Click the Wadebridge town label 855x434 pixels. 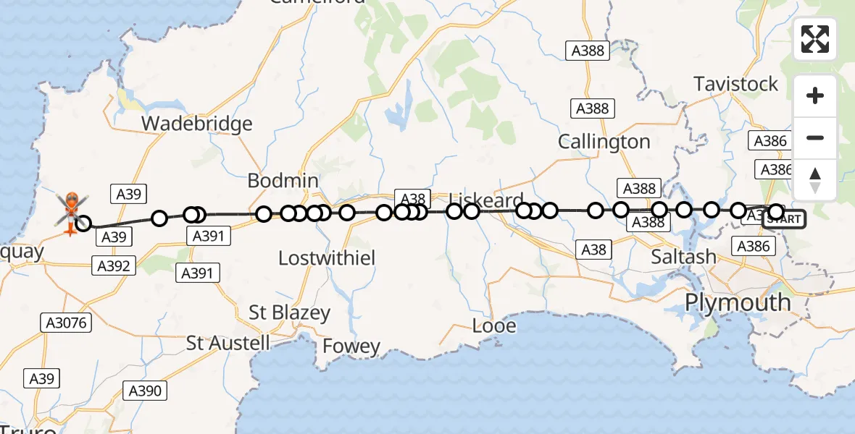click(x=196, y=124)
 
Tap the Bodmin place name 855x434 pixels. click(x=283, y=180)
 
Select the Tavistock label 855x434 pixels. click(x=735, y=84)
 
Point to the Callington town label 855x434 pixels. click(x=604, y=142)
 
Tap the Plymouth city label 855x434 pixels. click(x=738, y=302)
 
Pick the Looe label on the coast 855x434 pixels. click(x=494, y=326)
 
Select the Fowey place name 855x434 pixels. click(x=351, y=346)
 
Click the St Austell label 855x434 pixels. click(x=228, y=342)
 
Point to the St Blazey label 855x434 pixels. click(x=289, y=313)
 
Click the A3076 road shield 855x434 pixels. click(x=67, y=323)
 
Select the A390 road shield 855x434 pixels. click(x=145, y=391)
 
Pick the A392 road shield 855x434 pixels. click(x=114, y=266)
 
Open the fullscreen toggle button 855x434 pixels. click(x=815, y=39)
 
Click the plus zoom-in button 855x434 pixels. click(x=815, y=96)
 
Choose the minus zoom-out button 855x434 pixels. click(x=815, y=138)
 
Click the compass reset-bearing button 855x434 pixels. click(x=815, y=180)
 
